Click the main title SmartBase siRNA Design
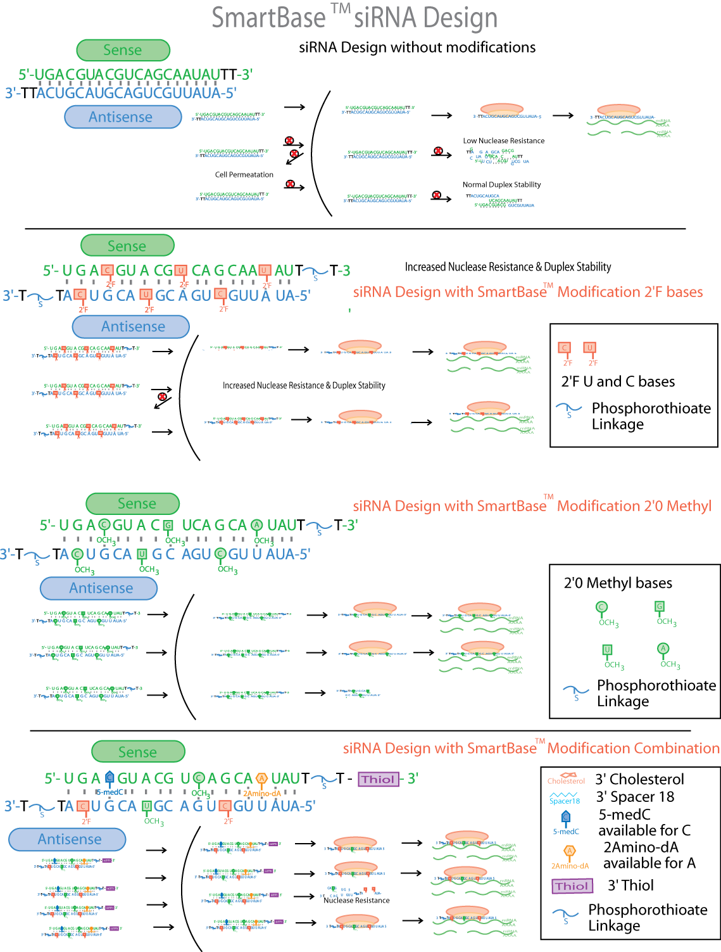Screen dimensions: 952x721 click(354, 18)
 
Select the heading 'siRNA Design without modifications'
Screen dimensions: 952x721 click(417, 48)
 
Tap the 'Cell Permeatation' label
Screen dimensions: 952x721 click(244, 175)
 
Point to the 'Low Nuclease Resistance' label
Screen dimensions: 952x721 click(503, 141)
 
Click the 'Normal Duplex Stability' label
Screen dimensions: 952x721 click(501, 185)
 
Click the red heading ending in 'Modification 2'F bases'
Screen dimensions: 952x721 click(528, 292)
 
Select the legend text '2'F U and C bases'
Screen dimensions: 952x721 click(618, 381)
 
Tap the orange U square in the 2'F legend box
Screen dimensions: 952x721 click(590, 348)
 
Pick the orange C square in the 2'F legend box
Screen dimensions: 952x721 click(565, 348)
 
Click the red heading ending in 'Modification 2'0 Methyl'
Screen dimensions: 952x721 click(532, 506)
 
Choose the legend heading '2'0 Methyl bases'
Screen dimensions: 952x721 click(618, 583)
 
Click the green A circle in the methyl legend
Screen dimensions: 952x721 click(663, 649)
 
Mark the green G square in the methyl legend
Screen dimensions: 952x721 click(660, 606)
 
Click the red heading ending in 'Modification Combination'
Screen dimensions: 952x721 click(531, 748)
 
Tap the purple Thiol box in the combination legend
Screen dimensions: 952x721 click(572, 886)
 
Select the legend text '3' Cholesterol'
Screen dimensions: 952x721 click(639, 779)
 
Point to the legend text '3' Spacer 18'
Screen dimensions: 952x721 click(635, 797)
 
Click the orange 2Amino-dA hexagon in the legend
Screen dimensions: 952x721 click(570, 851)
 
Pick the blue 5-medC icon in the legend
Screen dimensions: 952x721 click(566, 817)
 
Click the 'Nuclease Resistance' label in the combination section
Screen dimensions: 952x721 click(356, 900)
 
